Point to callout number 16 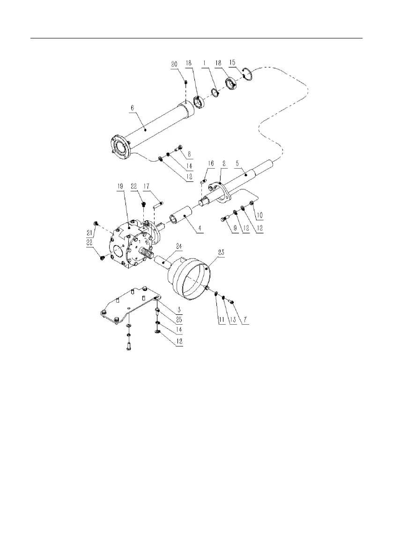(x=211, y=164)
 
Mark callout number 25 (x=179, y=320)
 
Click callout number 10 (x=260, y=216)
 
